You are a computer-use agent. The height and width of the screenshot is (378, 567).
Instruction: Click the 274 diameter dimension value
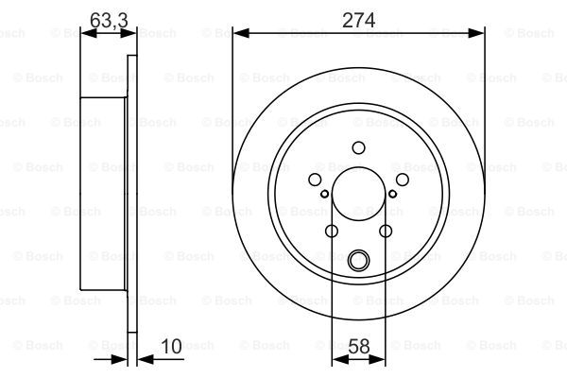358,20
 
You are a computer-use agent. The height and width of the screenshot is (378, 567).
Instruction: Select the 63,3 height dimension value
109,20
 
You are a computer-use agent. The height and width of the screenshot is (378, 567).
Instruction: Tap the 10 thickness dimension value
171,346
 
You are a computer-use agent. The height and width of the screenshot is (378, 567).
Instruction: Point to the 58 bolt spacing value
359,346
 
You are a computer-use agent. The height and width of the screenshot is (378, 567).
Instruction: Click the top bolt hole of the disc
358,147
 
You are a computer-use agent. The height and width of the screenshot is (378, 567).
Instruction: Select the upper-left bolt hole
315,180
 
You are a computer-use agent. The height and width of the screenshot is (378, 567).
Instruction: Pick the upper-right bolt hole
403,180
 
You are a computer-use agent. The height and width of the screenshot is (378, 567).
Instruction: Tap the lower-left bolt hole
332,231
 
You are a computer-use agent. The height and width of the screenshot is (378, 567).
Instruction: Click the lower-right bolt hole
386,231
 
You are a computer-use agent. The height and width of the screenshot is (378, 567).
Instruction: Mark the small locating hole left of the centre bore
325,194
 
